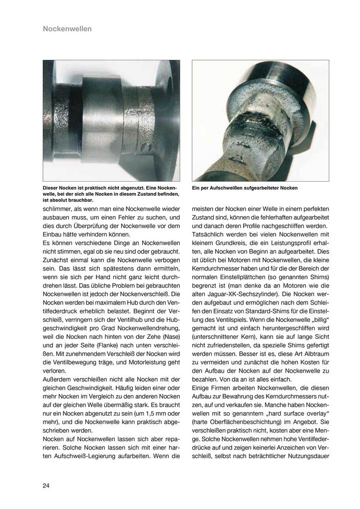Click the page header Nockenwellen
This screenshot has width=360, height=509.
67,29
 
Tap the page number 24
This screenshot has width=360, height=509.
46,485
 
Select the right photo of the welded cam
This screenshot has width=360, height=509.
260,120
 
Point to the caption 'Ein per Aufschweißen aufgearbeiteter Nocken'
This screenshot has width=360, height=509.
245,188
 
